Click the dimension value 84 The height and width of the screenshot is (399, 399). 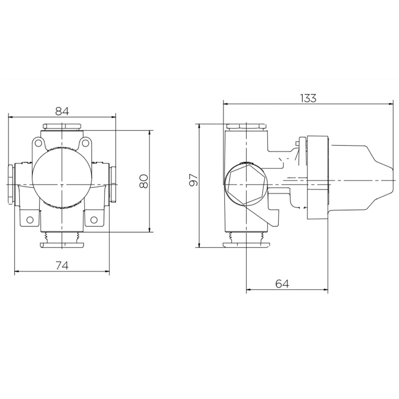(x=62, y=111)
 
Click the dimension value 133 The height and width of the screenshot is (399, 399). (x=308, y=98)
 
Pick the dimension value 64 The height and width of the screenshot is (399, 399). (x=282, y=284)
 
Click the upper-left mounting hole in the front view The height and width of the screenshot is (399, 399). (x=38, y=142)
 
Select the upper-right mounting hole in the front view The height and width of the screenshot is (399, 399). (x=86, y=142)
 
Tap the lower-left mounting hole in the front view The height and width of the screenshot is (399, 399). (x=30, y=219)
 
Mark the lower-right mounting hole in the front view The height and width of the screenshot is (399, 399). (x=94, y=219)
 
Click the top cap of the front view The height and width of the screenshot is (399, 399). (x=62, y=126)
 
